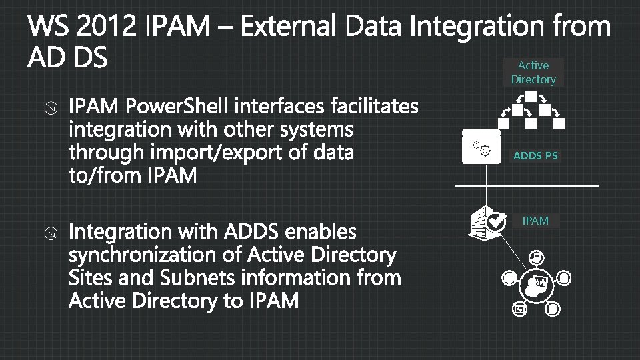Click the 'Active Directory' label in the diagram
click(533, 72)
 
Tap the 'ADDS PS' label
click(535, 156)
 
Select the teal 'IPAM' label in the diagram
click(535, 221)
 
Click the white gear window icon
click(481, 147)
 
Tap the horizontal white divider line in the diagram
click(527, 185)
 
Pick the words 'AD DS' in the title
click(67, 59)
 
